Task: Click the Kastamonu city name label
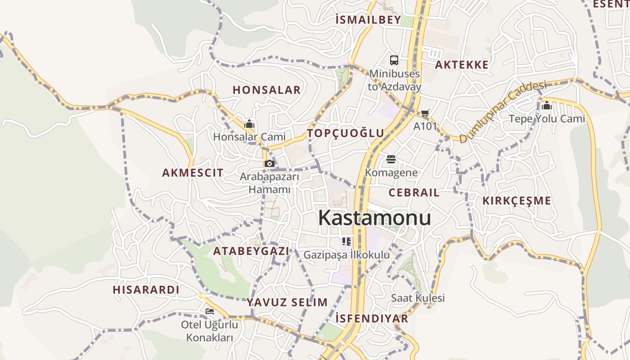click(x=374, y=218)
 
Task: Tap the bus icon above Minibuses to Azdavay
click(x=394, y=60)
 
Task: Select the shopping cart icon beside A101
click(x=425, y=113)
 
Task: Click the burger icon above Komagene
click(x=391, y=159)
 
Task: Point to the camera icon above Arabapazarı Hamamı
click(x=270, y=163)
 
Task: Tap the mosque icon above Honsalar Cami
click(x=249, y=123)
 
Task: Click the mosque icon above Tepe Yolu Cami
click(x=547, y=105)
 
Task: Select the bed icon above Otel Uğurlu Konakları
click(x=210, y=311)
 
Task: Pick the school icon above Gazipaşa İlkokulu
click(x=346, y=242)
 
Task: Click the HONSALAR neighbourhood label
click(x=266, y=90)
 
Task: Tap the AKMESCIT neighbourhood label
click(x=193, y=173)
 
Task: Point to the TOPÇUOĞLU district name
click(x=346, y=133)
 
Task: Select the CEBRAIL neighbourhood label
click(x=414, y=193)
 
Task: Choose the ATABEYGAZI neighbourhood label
click(x=251, y=252)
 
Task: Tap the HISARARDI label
click(x=146, y=290)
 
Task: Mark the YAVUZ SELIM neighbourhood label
click(x=287, y=302)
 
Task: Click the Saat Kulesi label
click(x=418, y=298)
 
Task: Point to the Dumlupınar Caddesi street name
click(x=502, y=111)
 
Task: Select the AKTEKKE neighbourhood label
click(x=462, y=65)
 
